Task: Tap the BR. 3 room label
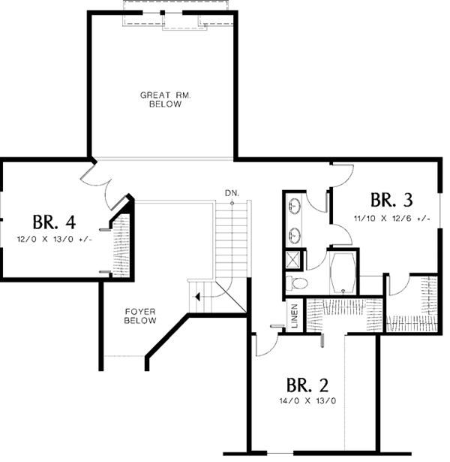391,201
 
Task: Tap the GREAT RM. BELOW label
162,100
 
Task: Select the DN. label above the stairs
232,194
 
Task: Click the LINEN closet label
295,316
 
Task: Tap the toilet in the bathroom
298,282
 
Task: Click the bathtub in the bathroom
344,272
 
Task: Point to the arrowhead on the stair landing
197,297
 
